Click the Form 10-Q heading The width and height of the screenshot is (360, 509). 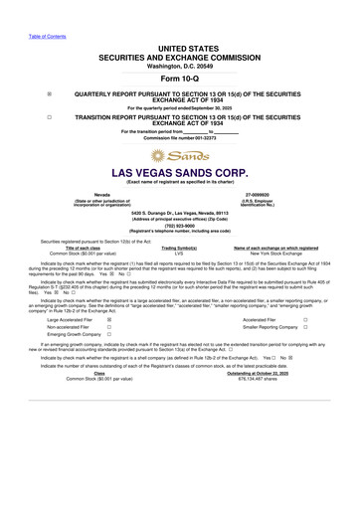point(180,79)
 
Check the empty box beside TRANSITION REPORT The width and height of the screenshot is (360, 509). point(50,116)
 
